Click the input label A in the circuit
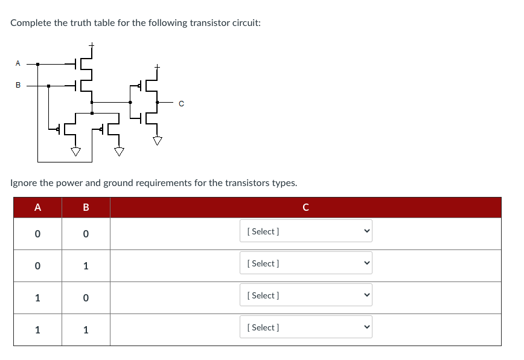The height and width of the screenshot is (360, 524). [x=18, y=63]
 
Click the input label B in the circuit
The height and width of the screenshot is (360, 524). [x=18, y=85]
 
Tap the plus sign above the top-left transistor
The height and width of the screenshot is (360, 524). [x=92, y=45]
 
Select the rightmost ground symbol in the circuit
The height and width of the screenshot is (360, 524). [x=158, y=141]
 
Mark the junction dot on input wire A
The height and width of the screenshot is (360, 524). [x=37, y=63]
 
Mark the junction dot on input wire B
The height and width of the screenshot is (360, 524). [x=49, y=86]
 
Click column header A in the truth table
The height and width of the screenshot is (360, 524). [x=37, y=208]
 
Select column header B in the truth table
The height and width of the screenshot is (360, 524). [x=86, y=208]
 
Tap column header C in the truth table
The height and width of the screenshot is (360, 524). [x=305, y=208]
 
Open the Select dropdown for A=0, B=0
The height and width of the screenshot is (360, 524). [x=305, y=231]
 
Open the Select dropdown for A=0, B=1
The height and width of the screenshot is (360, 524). [x=305, y=263]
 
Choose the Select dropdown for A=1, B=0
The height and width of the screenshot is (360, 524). [x=305, y=295]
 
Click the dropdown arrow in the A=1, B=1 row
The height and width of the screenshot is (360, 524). [x=365, y=327]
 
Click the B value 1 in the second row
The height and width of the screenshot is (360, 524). [x=86, y=266]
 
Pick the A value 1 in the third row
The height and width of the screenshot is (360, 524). [x=37, y=298]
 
